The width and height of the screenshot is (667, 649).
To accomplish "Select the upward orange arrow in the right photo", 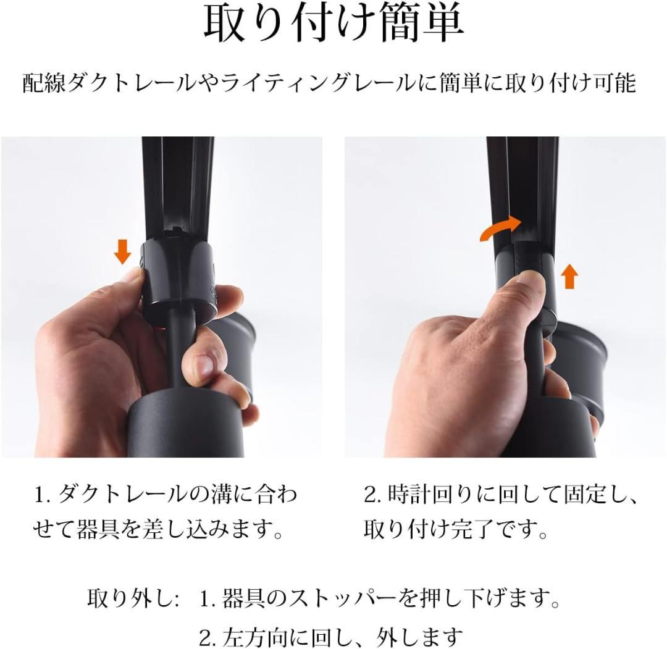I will [569, 277].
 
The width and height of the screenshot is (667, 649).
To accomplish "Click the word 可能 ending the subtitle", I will [615, 82].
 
